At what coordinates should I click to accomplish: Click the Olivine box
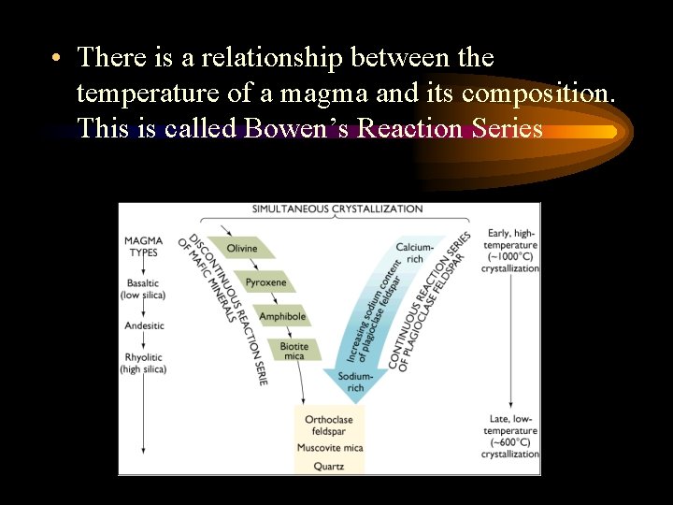click(242, 248)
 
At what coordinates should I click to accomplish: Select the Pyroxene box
click(265, 282)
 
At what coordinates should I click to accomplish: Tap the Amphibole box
click(282, 316)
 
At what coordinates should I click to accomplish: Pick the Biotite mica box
click(294, 351)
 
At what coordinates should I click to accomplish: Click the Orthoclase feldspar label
click(329, 426)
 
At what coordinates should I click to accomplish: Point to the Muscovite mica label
click(329, 448)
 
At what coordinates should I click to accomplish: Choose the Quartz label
click(329, 465)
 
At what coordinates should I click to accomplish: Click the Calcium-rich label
click(414, 252)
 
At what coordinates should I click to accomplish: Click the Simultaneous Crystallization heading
click(337, 209)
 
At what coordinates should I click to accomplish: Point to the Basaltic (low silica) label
click(143, 289)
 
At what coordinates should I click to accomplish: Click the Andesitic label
click(143, 325)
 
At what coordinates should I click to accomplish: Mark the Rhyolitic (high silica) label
click(143, 363)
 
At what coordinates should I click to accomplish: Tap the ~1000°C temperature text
click(509, 257)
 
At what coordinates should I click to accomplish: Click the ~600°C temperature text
click(509, 442)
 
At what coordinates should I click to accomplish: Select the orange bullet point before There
click(57, 58)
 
